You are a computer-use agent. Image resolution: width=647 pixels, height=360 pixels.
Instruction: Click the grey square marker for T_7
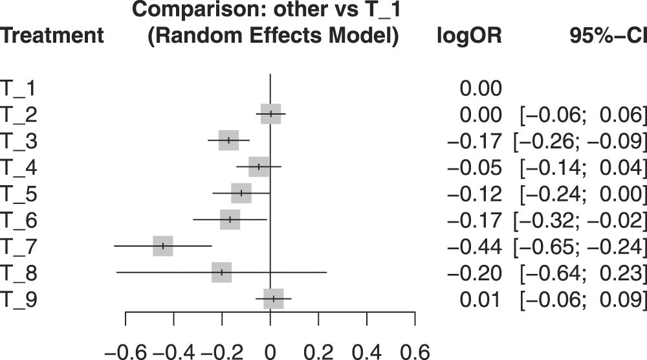[163, 246]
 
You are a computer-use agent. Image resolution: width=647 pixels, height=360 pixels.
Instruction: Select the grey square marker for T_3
[228, 140]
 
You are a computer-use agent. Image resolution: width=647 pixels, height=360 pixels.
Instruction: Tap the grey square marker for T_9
[274, 298]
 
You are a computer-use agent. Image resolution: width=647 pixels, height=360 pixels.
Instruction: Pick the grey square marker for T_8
[221, 273]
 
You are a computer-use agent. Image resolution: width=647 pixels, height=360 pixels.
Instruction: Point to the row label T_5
[19, 194]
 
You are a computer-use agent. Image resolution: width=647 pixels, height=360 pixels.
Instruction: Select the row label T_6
[19, 220]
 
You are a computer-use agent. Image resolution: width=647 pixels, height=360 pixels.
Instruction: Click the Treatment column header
[52, 36]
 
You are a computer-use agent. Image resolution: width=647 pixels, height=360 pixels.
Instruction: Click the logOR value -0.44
[474, 247]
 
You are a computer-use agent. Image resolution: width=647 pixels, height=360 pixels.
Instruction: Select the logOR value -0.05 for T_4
[474, 168]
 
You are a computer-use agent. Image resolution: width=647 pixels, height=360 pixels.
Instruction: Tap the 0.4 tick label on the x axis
[366, 351]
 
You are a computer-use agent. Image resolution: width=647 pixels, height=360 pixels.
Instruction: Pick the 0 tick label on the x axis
[270, 351]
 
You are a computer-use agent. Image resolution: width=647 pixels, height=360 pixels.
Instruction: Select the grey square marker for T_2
[270, 113]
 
